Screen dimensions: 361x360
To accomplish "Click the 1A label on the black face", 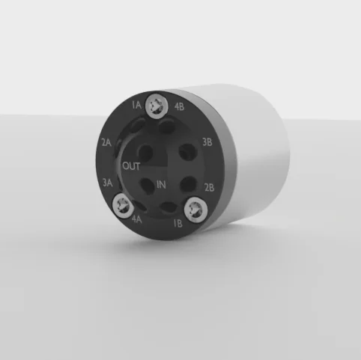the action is click(x=137, y=105).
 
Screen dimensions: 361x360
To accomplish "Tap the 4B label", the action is click(x=179, y=106).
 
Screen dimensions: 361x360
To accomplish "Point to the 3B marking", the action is click(x=207, y=142).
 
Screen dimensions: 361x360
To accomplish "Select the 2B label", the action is click(x=209, y=187).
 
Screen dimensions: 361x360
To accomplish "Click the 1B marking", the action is click(x=178, y=223).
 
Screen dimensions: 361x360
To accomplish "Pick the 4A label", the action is click(x=136, y=219).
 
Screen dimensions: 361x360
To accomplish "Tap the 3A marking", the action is click(x=108, y=183).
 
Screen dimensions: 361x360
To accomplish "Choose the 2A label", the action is click(x=106, y=143).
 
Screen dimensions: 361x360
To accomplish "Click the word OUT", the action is click(x=131, y=166).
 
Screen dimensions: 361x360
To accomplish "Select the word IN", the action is click(x=161, y=185).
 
